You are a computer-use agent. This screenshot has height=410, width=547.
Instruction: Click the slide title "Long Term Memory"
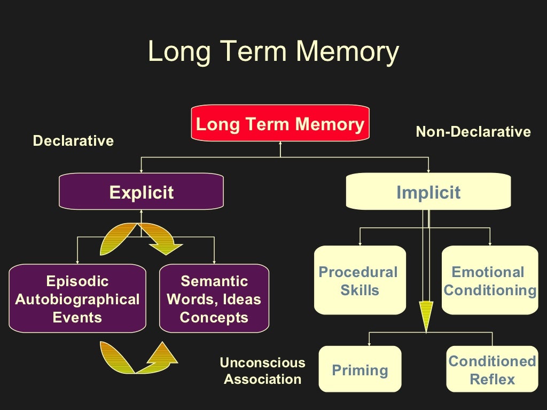(273, 52)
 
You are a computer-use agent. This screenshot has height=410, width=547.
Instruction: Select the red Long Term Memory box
(280, 124)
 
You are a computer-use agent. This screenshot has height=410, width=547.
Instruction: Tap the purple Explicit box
(141, 192)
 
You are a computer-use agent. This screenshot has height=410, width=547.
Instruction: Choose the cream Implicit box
(428, 192)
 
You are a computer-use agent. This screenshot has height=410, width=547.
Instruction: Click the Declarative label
(73, 141)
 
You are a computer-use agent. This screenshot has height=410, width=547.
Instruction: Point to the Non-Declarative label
(473, 131)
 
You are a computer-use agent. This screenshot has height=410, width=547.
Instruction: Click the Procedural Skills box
(358, 280)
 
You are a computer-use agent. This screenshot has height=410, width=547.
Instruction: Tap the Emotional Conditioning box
(490, 280)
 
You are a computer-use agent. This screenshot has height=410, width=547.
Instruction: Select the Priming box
(360, 369)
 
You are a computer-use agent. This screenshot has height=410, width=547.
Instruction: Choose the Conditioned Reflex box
(492, 369)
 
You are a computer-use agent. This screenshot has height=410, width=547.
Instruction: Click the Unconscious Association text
(263, 371)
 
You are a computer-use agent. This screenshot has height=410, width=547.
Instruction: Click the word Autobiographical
(77, 299)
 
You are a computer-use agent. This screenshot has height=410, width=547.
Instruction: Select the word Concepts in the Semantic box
(214, 317)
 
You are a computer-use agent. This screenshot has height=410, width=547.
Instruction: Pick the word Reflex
(492, 380)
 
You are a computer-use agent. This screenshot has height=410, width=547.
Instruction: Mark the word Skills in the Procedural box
(360, 290)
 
